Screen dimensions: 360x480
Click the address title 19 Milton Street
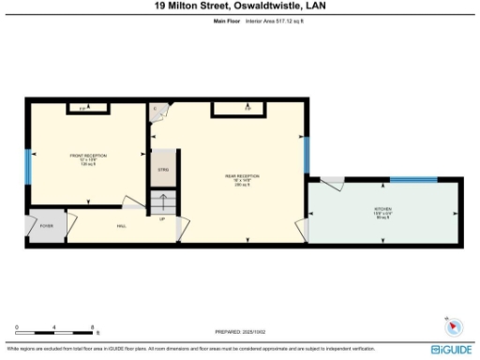(x=239, y=6)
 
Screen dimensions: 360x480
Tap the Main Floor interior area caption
(x=240, y=20)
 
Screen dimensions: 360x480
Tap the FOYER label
(x=45, y=226)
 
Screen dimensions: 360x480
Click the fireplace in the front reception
(x=82, y=109)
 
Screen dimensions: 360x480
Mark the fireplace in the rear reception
(x=248, y=109)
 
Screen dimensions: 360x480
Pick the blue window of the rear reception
(x=306, y=156)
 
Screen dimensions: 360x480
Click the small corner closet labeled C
(x=157, y=112)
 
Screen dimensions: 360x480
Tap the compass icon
(x=454, y=327)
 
